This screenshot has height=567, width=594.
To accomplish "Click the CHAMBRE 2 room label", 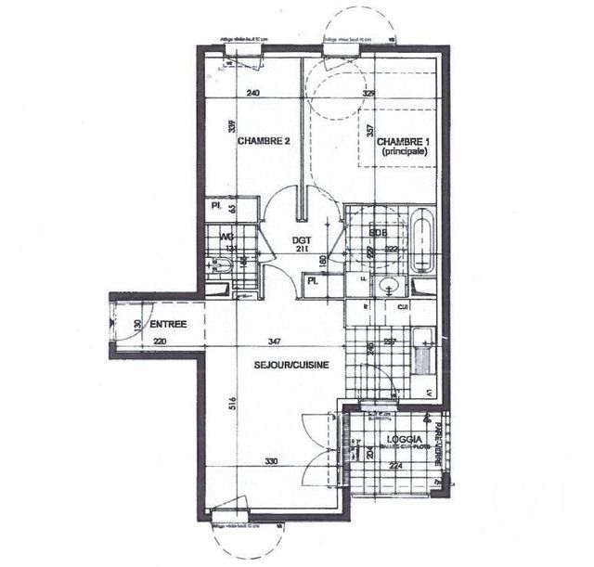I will point(265,141).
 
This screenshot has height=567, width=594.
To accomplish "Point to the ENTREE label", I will point(167,325).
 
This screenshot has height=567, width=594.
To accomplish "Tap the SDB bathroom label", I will point(377,230).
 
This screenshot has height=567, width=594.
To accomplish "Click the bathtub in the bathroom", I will point(422,243).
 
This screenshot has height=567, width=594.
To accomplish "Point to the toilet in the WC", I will point(222,269).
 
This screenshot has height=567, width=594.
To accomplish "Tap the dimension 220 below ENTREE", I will point(160,341).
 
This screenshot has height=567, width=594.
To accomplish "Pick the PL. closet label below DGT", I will point(314,279).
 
